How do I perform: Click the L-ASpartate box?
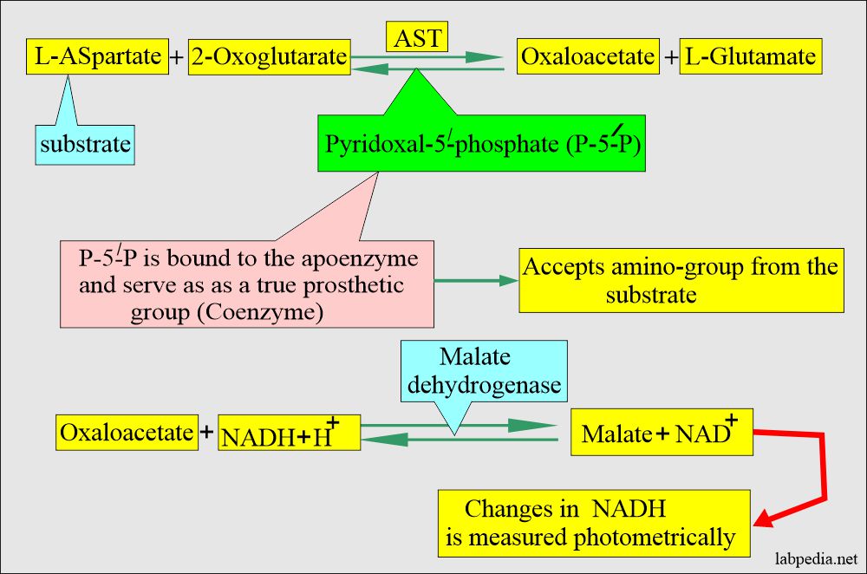[x=96, y=57]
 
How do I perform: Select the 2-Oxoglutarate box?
[x=268, y=57]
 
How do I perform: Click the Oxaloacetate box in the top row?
[x=587, y=57]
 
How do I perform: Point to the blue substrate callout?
[x=84, y=143]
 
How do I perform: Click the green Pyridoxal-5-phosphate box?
[x=482, y=143]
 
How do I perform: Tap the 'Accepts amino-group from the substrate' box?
[x=681, y=282]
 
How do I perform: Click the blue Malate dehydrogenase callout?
[x=483, y=371]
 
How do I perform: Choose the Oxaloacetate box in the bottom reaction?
[x=126, y=432]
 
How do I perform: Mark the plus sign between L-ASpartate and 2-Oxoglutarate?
[x=177, y=58]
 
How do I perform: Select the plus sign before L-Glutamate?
[x=671, y=58]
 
